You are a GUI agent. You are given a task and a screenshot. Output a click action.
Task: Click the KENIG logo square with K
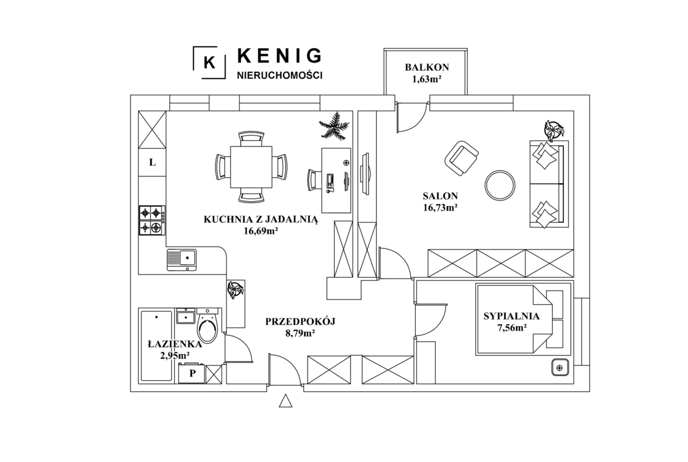click(210, 62)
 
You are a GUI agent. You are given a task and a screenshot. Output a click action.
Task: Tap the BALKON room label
click(426, 67)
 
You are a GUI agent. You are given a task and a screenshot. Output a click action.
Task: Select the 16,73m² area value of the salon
click(440, 208)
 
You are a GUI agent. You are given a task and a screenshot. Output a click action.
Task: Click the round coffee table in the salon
click(500, 185)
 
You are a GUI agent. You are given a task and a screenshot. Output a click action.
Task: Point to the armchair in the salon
click(461, 158)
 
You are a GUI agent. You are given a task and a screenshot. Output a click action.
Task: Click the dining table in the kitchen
click(251, 167)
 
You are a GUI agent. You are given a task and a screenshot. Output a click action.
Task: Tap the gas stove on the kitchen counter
click(152, 221)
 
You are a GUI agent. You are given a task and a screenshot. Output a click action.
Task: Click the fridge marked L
click(152, 162)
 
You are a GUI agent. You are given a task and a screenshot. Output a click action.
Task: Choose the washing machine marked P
click(192, 373)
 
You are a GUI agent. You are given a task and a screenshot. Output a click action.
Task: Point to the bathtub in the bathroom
click(156, 345)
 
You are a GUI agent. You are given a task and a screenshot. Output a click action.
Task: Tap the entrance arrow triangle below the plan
click(286, 401)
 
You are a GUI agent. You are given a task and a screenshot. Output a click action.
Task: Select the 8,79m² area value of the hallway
click(300, 333)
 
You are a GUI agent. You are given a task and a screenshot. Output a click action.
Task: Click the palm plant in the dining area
click(335, 125)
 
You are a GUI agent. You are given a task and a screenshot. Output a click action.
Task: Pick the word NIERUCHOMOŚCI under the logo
click(279, 75)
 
